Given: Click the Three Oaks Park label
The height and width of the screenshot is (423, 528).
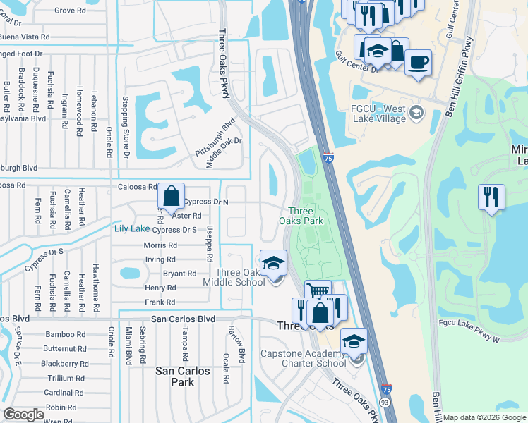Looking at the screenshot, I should [x=306, y=216].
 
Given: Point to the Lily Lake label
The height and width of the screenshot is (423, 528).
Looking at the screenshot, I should [x=132, y=228].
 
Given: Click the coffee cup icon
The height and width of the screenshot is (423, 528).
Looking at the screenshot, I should [x=418, y=62].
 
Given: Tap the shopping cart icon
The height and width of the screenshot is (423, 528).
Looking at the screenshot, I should [x=318, y=291].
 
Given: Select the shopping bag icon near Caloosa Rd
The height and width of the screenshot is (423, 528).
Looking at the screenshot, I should [x=172, y=197].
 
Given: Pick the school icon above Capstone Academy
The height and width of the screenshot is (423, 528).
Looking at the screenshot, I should [x=354, y=342].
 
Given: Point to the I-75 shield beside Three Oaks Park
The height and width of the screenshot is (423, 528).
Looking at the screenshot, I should [x=329, y=160].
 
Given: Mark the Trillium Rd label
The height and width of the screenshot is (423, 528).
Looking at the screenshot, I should [x=66, y=379].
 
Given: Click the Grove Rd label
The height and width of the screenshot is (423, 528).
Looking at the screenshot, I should [x=70, y=11].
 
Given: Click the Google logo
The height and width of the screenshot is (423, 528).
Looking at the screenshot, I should [x=23, y=415].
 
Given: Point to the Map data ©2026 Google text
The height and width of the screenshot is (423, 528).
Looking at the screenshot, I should [x=484, y=417].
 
